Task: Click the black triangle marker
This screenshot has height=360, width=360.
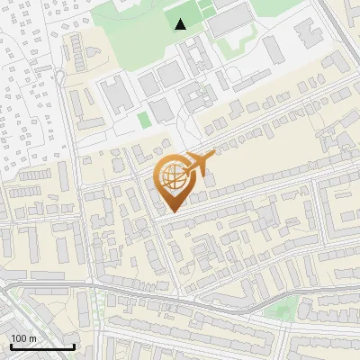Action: click(181, 24)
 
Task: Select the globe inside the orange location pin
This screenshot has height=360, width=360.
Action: click(171, 178)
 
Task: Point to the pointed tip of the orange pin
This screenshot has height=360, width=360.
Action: click(171, 211)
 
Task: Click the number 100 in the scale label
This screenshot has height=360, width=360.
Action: click(19, 337)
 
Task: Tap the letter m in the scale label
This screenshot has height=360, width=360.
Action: click(32, 337)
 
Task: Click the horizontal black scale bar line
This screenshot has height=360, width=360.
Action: click(42, 346)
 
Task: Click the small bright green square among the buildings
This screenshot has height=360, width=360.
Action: click(143, 120)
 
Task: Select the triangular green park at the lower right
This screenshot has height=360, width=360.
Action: click(283, 310)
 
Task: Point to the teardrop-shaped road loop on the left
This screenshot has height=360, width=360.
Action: click(60, 76)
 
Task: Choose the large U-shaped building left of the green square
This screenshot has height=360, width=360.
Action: click(114, 94)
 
